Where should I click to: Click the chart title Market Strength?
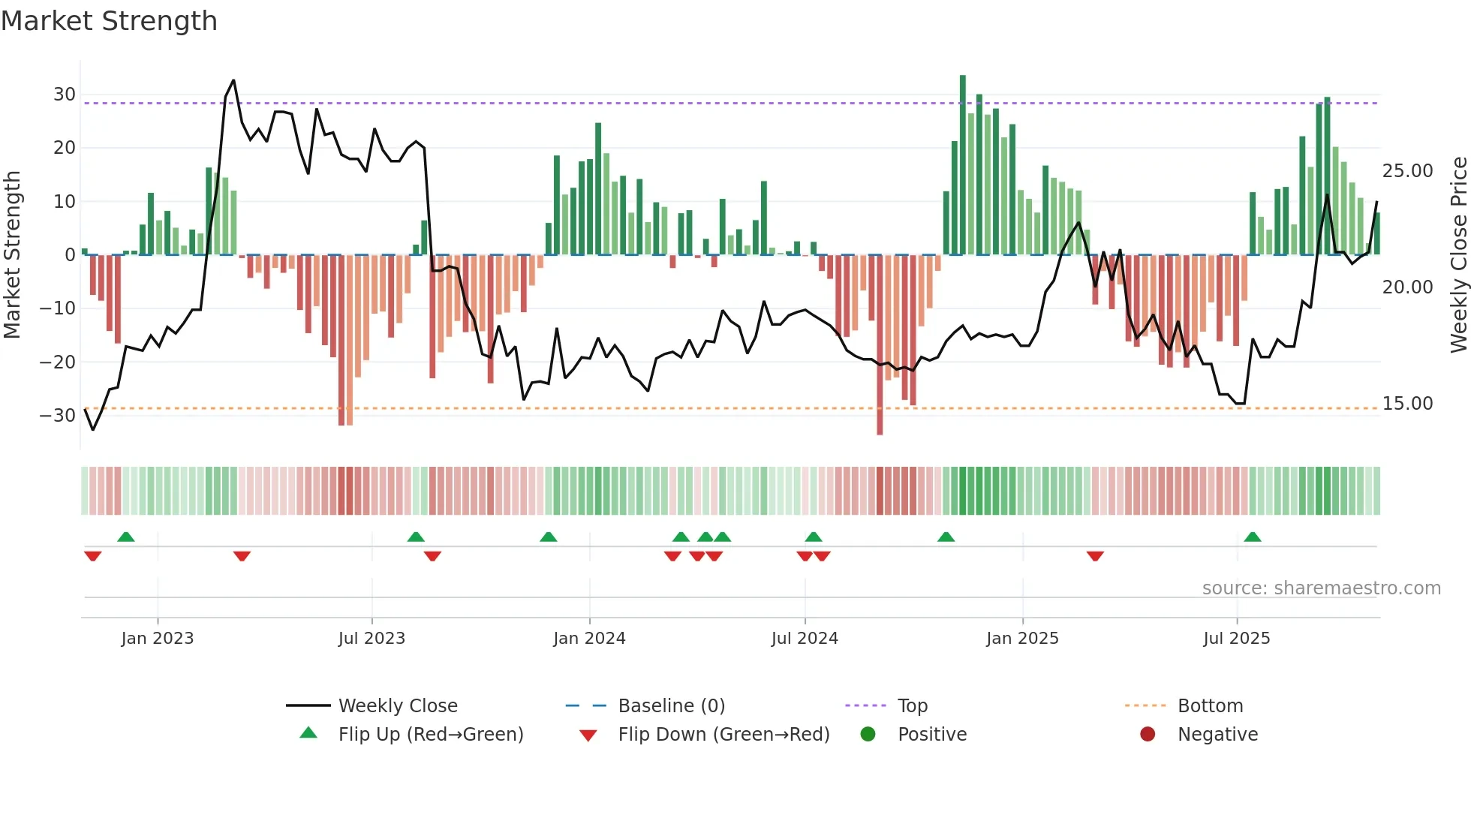(x=109, y=21)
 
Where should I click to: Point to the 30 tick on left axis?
(x=64, y=95)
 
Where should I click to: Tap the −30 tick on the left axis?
(x=58, y=416)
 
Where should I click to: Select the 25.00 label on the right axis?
(x=1407, y=171)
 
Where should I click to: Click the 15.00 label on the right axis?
(x=1407, y=404)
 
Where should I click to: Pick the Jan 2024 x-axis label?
(x=589, y=639)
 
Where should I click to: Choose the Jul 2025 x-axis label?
(x=1236, y=639)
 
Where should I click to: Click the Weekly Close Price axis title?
(x=1458, y=255)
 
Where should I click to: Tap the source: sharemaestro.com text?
(x=1321, y=588)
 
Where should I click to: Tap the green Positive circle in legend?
(x=868, y=735)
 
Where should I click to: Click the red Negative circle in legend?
(x=1148, y=735)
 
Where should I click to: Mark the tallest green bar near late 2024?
(x=963, y=165)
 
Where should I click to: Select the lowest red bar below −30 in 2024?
(x=880, y=345)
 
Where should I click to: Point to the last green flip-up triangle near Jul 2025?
(x=1253, y=537)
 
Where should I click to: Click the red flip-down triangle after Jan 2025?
(x=1095, y=556)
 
